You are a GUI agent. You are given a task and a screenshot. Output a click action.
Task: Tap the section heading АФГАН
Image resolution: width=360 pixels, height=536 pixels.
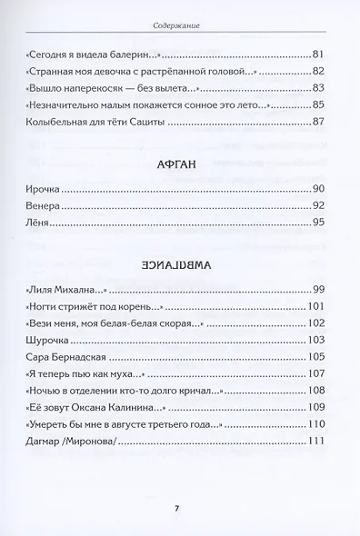click(179, 165)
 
